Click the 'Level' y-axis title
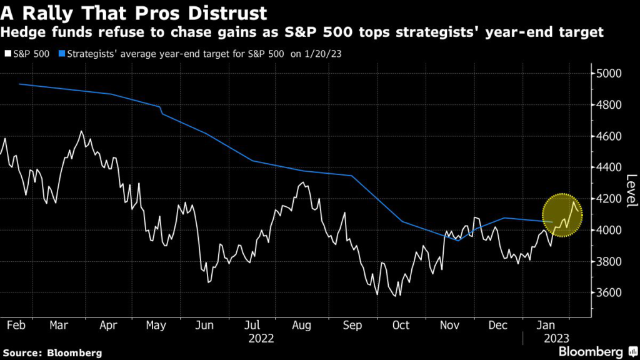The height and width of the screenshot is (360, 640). tap(631, 191)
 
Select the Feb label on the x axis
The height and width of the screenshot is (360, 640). tap(16, 325)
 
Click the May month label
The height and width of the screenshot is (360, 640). tap(157, 325)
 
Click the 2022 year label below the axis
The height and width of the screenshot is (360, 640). tap(262, 338)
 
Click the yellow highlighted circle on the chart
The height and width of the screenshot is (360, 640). tap(561, 215)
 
